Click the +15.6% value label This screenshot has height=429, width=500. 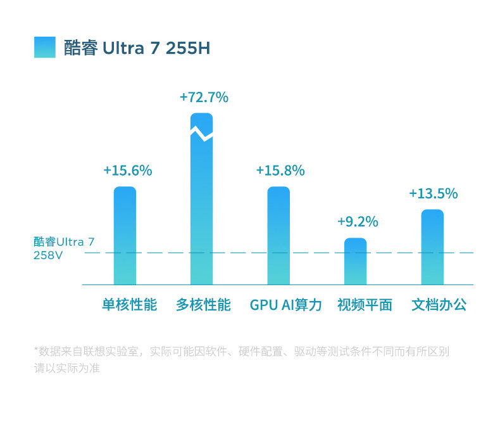click(x=128, y=170)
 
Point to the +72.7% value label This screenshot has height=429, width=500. click(x=204, y=98)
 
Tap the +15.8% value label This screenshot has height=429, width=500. click(x=280, y=170)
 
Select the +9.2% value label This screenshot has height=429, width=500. click(x=358, y=222)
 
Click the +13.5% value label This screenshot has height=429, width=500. click(x=434, y=194)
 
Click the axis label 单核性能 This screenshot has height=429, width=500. click(x=129, y=305)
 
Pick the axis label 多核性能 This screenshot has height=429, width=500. click(x=203, y=305)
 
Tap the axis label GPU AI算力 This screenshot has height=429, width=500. click(x=286, y=305)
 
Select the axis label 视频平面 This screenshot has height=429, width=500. click(x=365, y=305)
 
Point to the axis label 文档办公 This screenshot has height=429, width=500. click(x=439, y=305)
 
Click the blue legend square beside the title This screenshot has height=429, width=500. click(x=45, y=48)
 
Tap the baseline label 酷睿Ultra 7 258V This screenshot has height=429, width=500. click(x=63, y=248)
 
